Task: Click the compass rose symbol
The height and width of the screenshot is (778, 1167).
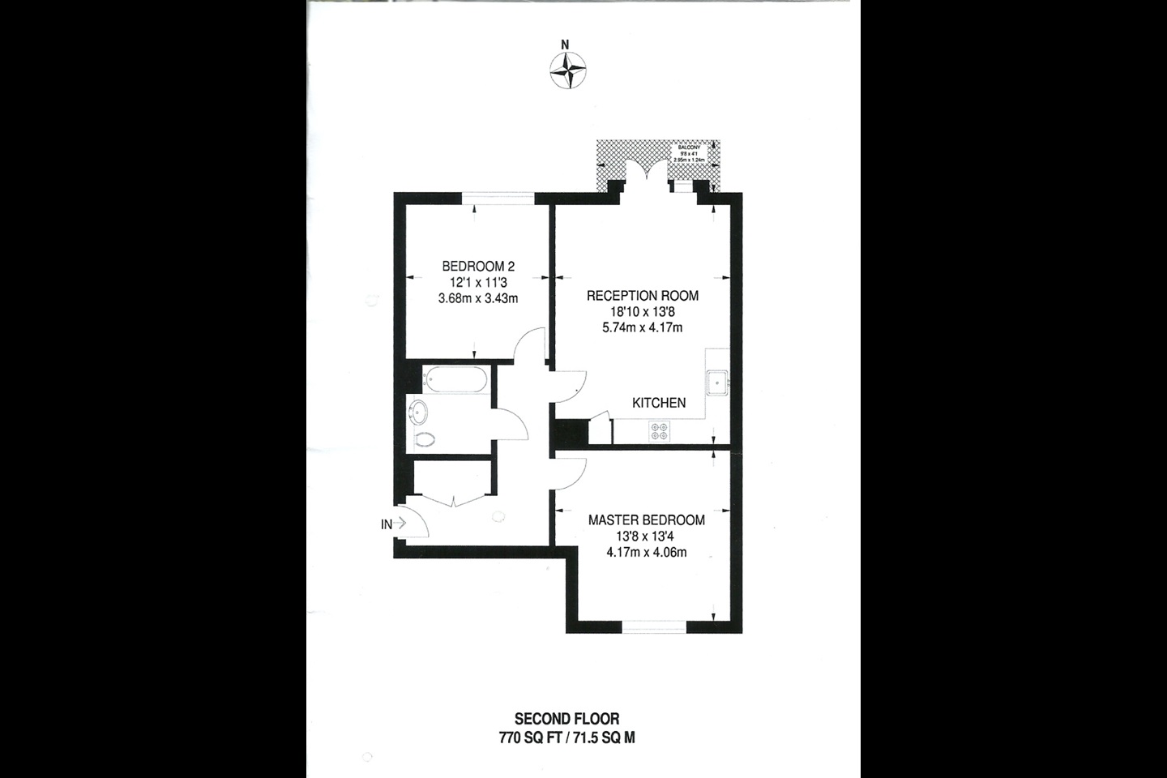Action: pos(568,70)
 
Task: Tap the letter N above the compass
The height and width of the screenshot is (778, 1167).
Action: pos(566,45)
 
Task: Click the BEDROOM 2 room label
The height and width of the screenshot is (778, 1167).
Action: pos(478,266)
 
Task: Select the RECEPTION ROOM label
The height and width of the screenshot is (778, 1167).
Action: pos(642,296)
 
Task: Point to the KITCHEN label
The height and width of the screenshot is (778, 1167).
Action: pos(659,403)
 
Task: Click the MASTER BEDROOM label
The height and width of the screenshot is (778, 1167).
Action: pos(646,520)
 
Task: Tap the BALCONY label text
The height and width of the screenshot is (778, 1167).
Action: pos(689,147)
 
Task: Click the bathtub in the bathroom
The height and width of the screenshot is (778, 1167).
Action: pos(456,379)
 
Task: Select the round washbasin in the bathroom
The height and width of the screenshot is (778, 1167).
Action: pos(419,413)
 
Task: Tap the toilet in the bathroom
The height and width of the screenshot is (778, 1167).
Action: pos(424,439)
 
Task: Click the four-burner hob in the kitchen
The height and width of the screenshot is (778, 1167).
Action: pos(659,431)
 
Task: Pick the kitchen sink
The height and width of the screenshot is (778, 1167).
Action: pos(717,382)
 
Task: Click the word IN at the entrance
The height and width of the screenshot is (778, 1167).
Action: pos(387,524)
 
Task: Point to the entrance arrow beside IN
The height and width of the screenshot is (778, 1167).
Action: pos(400,524)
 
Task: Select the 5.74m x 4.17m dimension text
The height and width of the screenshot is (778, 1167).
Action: pos(642,328)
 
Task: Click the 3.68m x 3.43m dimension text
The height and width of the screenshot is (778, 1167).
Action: pos(478,298)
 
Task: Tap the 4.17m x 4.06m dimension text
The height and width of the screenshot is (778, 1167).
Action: pos(646,553)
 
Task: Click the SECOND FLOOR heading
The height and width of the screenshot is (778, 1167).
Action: pos(566,719)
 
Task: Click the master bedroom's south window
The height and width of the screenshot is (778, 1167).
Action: pos(654,626)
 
